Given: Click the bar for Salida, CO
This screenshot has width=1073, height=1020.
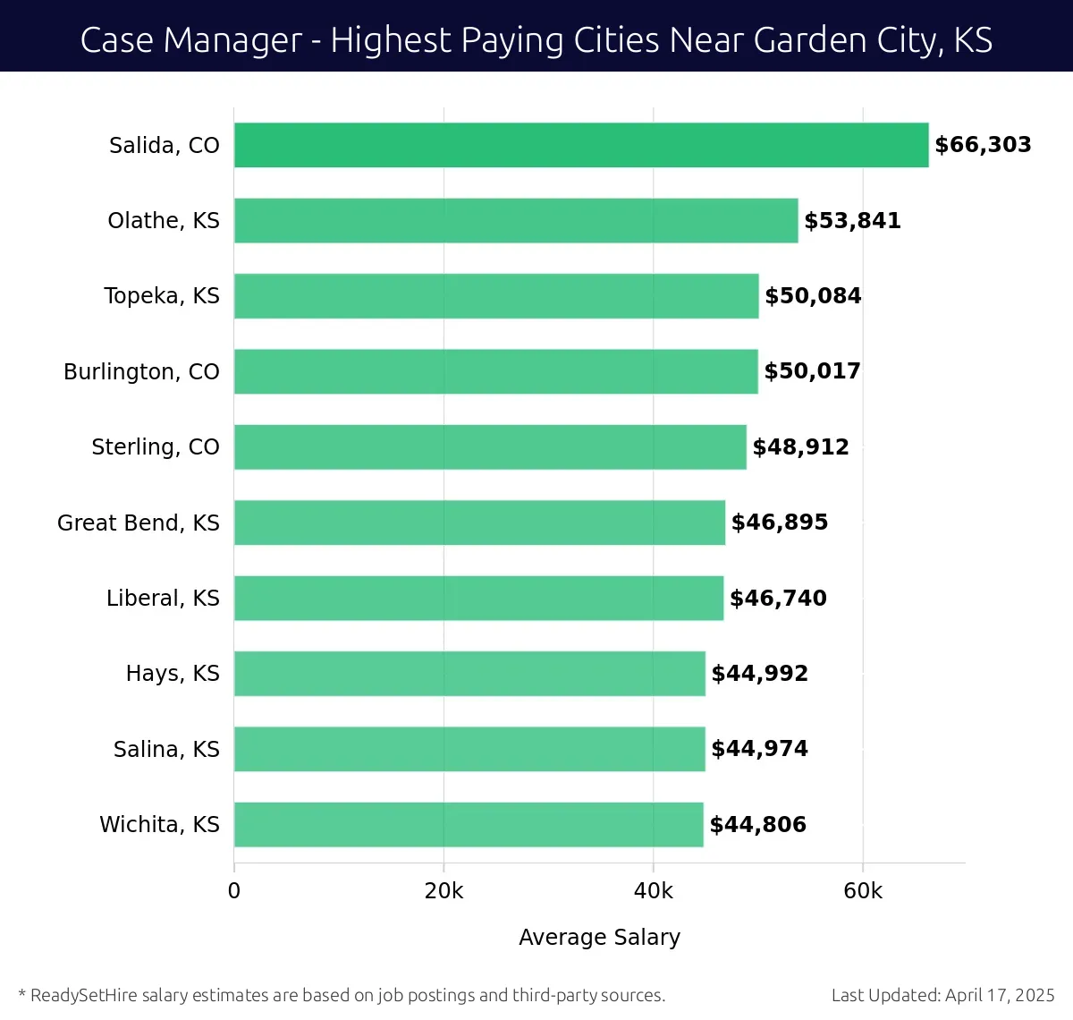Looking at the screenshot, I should coord(581,145).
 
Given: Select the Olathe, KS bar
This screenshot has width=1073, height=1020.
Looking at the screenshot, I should coord(516,220).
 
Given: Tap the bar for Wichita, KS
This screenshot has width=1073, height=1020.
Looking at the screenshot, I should coord(469,824).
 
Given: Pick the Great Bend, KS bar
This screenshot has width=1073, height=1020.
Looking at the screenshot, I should coord(479,523).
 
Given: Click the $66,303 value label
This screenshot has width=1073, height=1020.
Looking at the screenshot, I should coord(983,145).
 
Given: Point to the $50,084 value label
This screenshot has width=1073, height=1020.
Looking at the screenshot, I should coord(813,296).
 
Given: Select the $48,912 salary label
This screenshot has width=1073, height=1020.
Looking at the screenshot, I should coord(800,446).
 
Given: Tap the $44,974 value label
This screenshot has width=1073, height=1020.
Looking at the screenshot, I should coord(759,749).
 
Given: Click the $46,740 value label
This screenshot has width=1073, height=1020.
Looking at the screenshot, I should coord(778,598).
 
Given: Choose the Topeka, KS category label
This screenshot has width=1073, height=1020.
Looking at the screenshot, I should coord(162,296).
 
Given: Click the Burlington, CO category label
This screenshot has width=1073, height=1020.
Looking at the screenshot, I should coord(141,371).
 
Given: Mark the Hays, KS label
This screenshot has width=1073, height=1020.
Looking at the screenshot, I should coord(173,673).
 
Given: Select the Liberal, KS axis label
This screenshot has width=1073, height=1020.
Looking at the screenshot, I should coord(163,598).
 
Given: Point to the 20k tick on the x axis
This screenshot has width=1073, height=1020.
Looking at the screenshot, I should coord(444,891).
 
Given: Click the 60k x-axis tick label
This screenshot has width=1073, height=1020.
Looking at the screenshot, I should coord(863,891).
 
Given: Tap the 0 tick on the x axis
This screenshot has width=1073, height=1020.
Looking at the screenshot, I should coord(234,891).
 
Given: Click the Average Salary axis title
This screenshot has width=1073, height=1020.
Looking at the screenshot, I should coord(599,937).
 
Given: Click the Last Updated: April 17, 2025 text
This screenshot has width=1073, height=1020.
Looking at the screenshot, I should coord(942,995).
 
